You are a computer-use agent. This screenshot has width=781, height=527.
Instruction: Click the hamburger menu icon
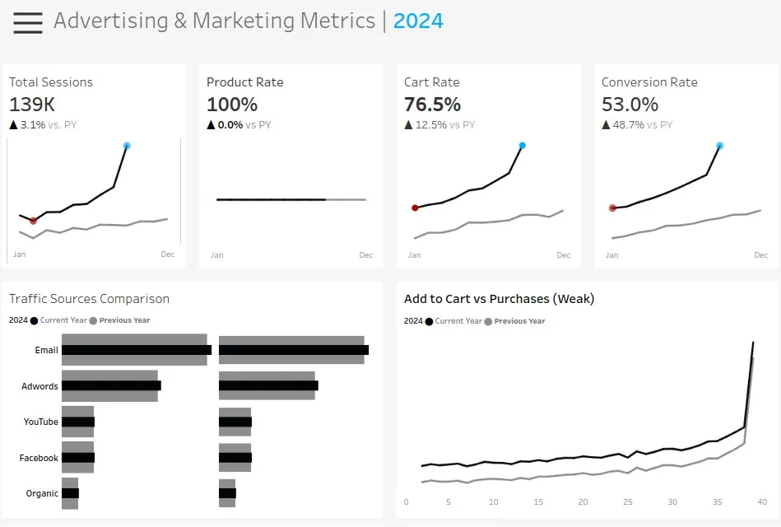[28, 22]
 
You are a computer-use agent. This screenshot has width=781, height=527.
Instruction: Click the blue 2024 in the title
[418, 21]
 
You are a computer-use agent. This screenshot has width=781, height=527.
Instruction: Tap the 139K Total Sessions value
[32, 105]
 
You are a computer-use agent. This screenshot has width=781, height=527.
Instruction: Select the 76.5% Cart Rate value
[432, 105]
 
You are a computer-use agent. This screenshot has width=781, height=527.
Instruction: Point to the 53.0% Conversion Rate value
[630, 105]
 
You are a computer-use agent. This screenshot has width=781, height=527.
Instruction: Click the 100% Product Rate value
[232, 105]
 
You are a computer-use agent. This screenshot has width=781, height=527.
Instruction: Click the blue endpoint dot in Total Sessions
[127, 146]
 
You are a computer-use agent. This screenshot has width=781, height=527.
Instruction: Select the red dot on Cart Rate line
[415, 208]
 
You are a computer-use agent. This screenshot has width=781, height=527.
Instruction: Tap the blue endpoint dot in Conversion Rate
[719, 146]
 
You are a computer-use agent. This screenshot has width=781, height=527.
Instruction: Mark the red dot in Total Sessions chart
[33, 221]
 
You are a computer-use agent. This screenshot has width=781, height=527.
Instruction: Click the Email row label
[46, 350]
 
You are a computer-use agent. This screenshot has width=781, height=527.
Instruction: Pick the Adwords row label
[40, 386]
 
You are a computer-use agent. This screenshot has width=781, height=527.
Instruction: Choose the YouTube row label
[40, 422]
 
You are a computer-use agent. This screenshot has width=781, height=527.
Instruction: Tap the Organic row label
[42, 493]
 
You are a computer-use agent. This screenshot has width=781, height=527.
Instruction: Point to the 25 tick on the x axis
[628, 502]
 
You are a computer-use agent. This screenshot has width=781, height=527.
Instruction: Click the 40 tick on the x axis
[762, 502]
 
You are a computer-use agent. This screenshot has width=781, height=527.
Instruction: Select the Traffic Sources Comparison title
[89, 299]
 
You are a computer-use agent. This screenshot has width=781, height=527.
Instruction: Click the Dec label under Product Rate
[365, 255]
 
